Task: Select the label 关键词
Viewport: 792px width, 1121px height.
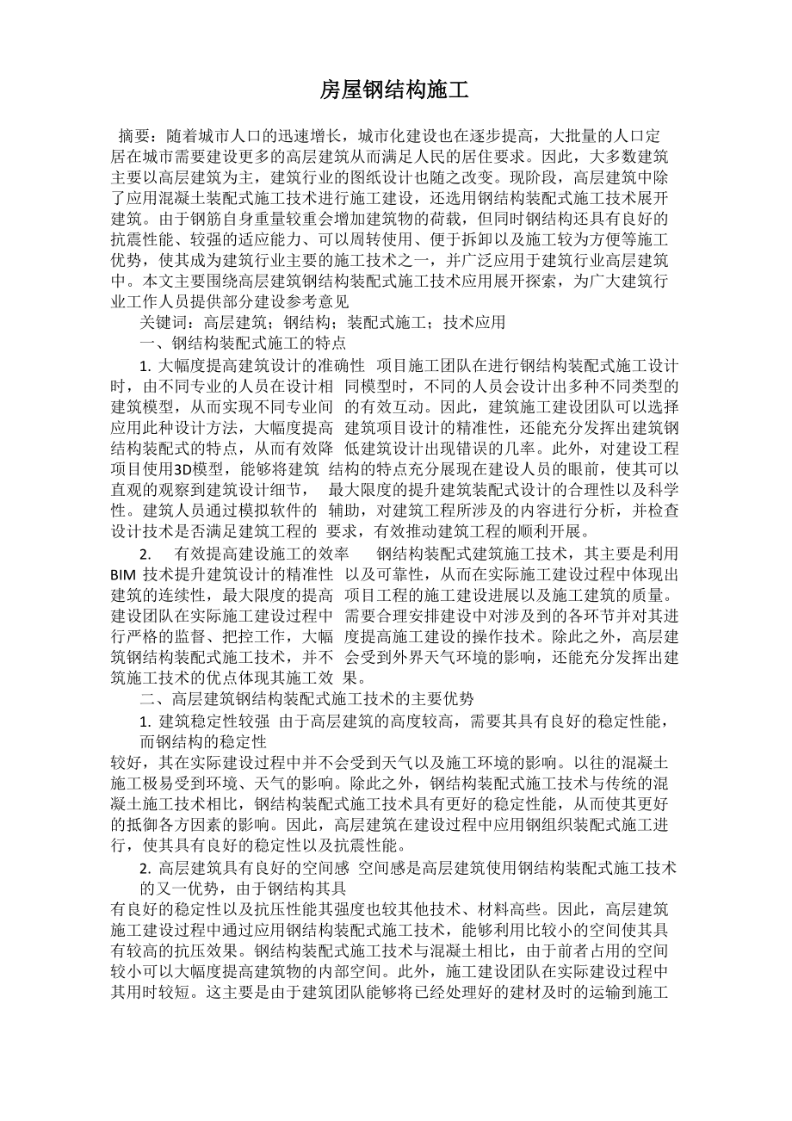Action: (163, 323)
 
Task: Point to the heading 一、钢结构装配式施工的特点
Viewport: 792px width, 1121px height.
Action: (243, 344)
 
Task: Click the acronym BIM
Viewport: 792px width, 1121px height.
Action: (126, 574)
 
